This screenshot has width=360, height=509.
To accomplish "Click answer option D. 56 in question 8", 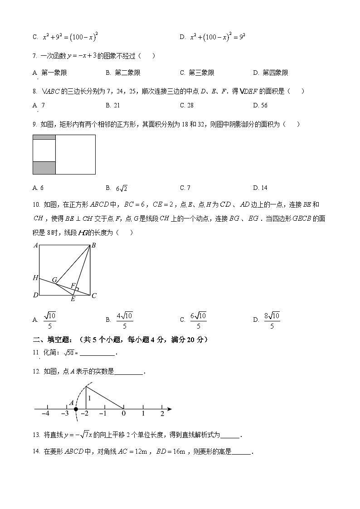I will tap(260, 105).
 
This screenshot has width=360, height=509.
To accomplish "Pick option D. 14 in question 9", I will tap(260, 188).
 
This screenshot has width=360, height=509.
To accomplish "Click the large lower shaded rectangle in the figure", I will tap(44, 168).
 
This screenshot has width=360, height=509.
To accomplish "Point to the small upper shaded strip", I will tap(44, 137).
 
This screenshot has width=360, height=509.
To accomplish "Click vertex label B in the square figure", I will tap(93, 246).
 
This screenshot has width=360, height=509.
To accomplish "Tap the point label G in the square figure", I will tap(54, 280).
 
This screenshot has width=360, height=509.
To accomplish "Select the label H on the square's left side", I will tap(35, 277).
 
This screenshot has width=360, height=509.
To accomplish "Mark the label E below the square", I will tap(73, 299).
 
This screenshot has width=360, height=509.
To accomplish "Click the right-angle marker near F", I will tap(78, 289).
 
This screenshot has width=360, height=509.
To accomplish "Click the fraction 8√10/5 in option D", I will tap(272, 320).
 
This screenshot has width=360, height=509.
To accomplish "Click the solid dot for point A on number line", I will tap(76, 409).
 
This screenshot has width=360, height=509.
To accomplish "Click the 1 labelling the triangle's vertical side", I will tap(90, 398).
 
